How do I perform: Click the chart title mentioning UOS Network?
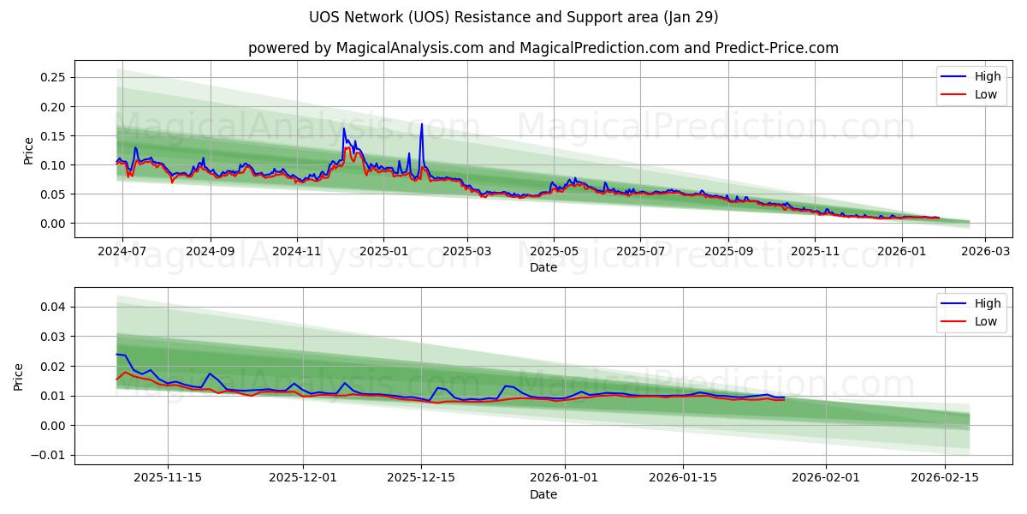tap(513, 17)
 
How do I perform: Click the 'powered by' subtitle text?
tap(543, 48)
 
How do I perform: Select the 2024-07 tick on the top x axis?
tap(122, 252)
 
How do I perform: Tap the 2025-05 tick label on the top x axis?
tap(554, 252)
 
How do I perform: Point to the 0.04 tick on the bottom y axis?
tap(54, 307)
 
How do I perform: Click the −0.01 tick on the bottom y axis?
tap(50, 455)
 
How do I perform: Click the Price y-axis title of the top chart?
tap(28, 150)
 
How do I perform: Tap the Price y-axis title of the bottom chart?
tap(19, 376)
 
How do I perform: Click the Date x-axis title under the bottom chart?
tap(543, 494)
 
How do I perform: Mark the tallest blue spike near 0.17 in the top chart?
tap(421, 124)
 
